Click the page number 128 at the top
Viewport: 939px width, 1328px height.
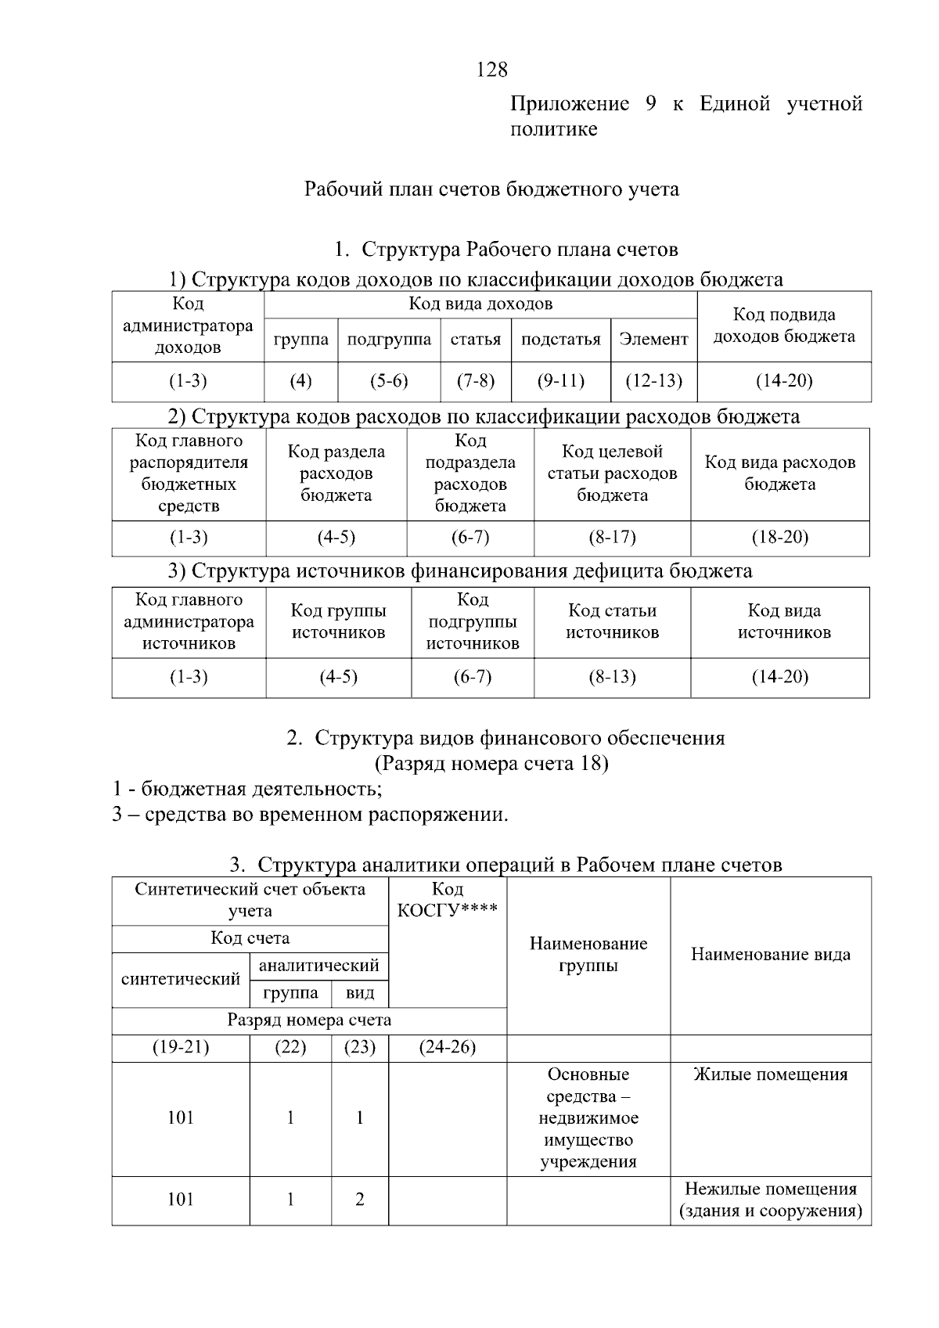[491, 70]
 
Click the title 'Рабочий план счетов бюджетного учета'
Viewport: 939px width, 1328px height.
[491, 189]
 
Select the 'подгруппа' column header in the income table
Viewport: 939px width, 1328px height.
[389, 340]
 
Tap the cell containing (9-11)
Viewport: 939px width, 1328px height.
[560, 381]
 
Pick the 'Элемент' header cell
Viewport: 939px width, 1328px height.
[653, 340]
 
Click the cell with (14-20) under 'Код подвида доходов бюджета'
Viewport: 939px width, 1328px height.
[783, 381]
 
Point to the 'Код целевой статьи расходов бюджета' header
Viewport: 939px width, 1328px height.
[612, 473]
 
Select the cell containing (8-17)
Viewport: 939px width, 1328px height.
[612, 538]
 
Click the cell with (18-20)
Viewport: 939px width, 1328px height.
[779, 538]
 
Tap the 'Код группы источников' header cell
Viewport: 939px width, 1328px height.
[338, 621]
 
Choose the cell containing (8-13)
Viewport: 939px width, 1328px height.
[612, 677]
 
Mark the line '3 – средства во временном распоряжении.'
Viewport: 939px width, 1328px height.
[310, 815]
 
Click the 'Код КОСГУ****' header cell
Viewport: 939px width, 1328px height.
[447, 900]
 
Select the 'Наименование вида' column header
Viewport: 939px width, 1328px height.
[770, 955]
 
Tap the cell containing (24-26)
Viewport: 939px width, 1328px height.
[447, 1047]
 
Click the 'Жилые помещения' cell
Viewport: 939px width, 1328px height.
[770, 1074]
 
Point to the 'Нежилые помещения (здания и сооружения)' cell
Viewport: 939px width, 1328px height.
[770, 1200]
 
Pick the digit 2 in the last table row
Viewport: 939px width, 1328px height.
[359, 1200]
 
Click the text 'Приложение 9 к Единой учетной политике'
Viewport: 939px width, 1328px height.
[685, 116]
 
